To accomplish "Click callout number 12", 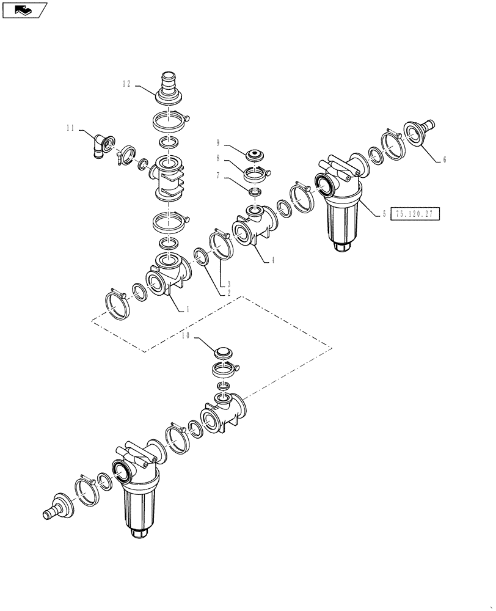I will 126,85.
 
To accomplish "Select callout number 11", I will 71,128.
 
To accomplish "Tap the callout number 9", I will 217,143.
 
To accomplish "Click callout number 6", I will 444,159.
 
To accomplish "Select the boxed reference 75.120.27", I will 414,214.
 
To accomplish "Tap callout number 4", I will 272,260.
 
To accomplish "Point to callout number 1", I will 188,310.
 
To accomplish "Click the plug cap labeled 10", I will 224,354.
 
